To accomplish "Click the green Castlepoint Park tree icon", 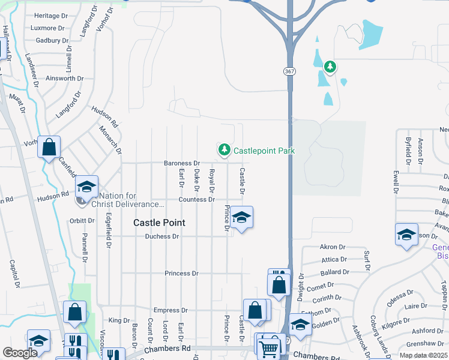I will coord(224,149).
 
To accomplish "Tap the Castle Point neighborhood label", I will coord(159,223).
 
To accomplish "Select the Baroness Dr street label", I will coord(182,163).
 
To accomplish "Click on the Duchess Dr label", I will coord(162,236).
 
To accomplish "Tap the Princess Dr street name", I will coord(181,274).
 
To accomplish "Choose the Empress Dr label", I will coord(167,310).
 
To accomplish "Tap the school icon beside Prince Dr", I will coord(241,218).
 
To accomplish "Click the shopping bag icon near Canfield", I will coord(49,146).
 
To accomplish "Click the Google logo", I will coord(20,353).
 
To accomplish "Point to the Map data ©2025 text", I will coord(423,355).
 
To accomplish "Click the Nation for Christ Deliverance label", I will coord(131,200).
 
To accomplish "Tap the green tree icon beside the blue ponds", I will coord(329,66).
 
